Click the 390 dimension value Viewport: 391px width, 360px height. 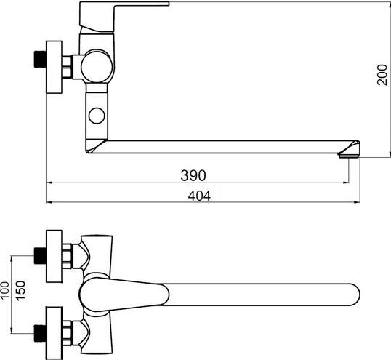pyautogui.click(x=193, y=175)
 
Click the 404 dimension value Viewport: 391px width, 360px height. pyautogui.click(x=199, y=196)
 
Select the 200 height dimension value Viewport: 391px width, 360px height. pyautogui.click(x=382, y=75)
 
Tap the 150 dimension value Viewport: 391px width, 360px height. pyautogui.click(x=20, y=290)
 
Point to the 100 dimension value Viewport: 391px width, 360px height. pyautogui.click(x=5, y=290)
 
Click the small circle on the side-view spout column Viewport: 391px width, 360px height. pyautogui.click(x=97, y=116)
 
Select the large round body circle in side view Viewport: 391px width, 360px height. pyautogui.click(x=97, y=66)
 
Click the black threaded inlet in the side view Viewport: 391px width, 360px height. pyautogui.click(x=40, y=59)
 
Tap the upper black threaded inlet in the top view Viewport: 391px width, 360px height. pyautogui.click(x=40, y=256)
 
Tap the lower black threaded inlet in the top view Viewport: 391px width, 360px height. pyautogui.click(x=40, y=333)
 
